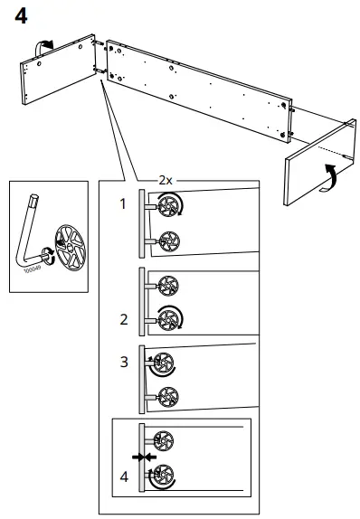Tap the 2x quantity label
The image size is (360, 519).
click(x=166, y=179)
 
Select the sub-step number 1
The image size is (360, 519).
click(x=123, y=205)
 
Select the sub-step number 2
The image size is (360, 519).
click(x=123, y=319)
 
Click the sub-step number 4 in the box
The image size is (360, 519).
click(x=123, y=477)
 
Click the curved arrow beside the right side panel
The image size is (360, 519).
click(x=330, y=176)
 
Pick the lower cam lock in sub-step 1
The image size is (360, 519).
click(x=166, y=240)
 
